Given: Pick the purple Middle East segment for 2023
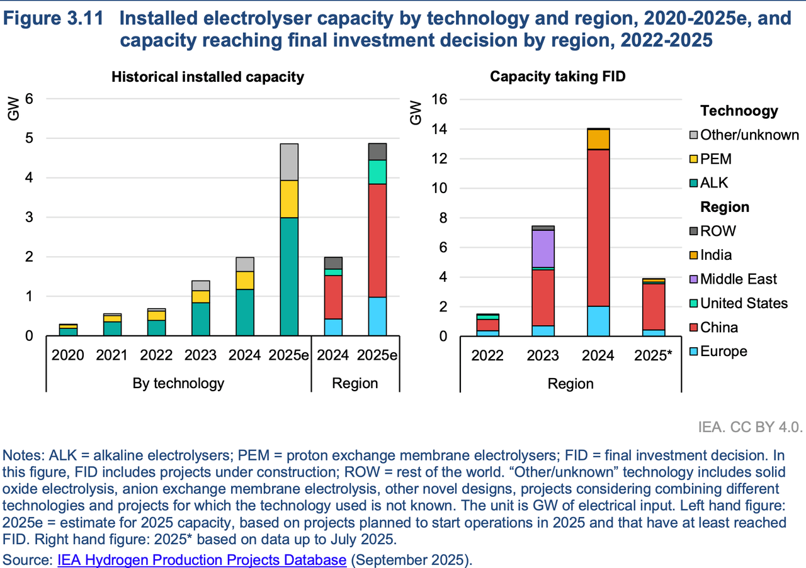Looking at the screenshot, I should (543, 248).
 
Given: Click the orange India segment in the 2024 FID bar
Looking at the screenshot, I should (598, 139).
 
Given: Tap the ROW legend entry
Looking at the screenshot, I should (717, 231).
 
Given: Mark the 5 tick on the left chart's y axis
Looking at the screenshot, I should (29, 138).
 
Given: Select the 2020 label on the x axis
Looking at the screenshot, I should (68, 355).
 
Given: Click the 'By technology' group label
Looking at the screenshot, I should (179, 383).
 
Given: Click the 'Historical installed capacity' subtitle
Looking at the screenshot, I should (208, 77).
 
